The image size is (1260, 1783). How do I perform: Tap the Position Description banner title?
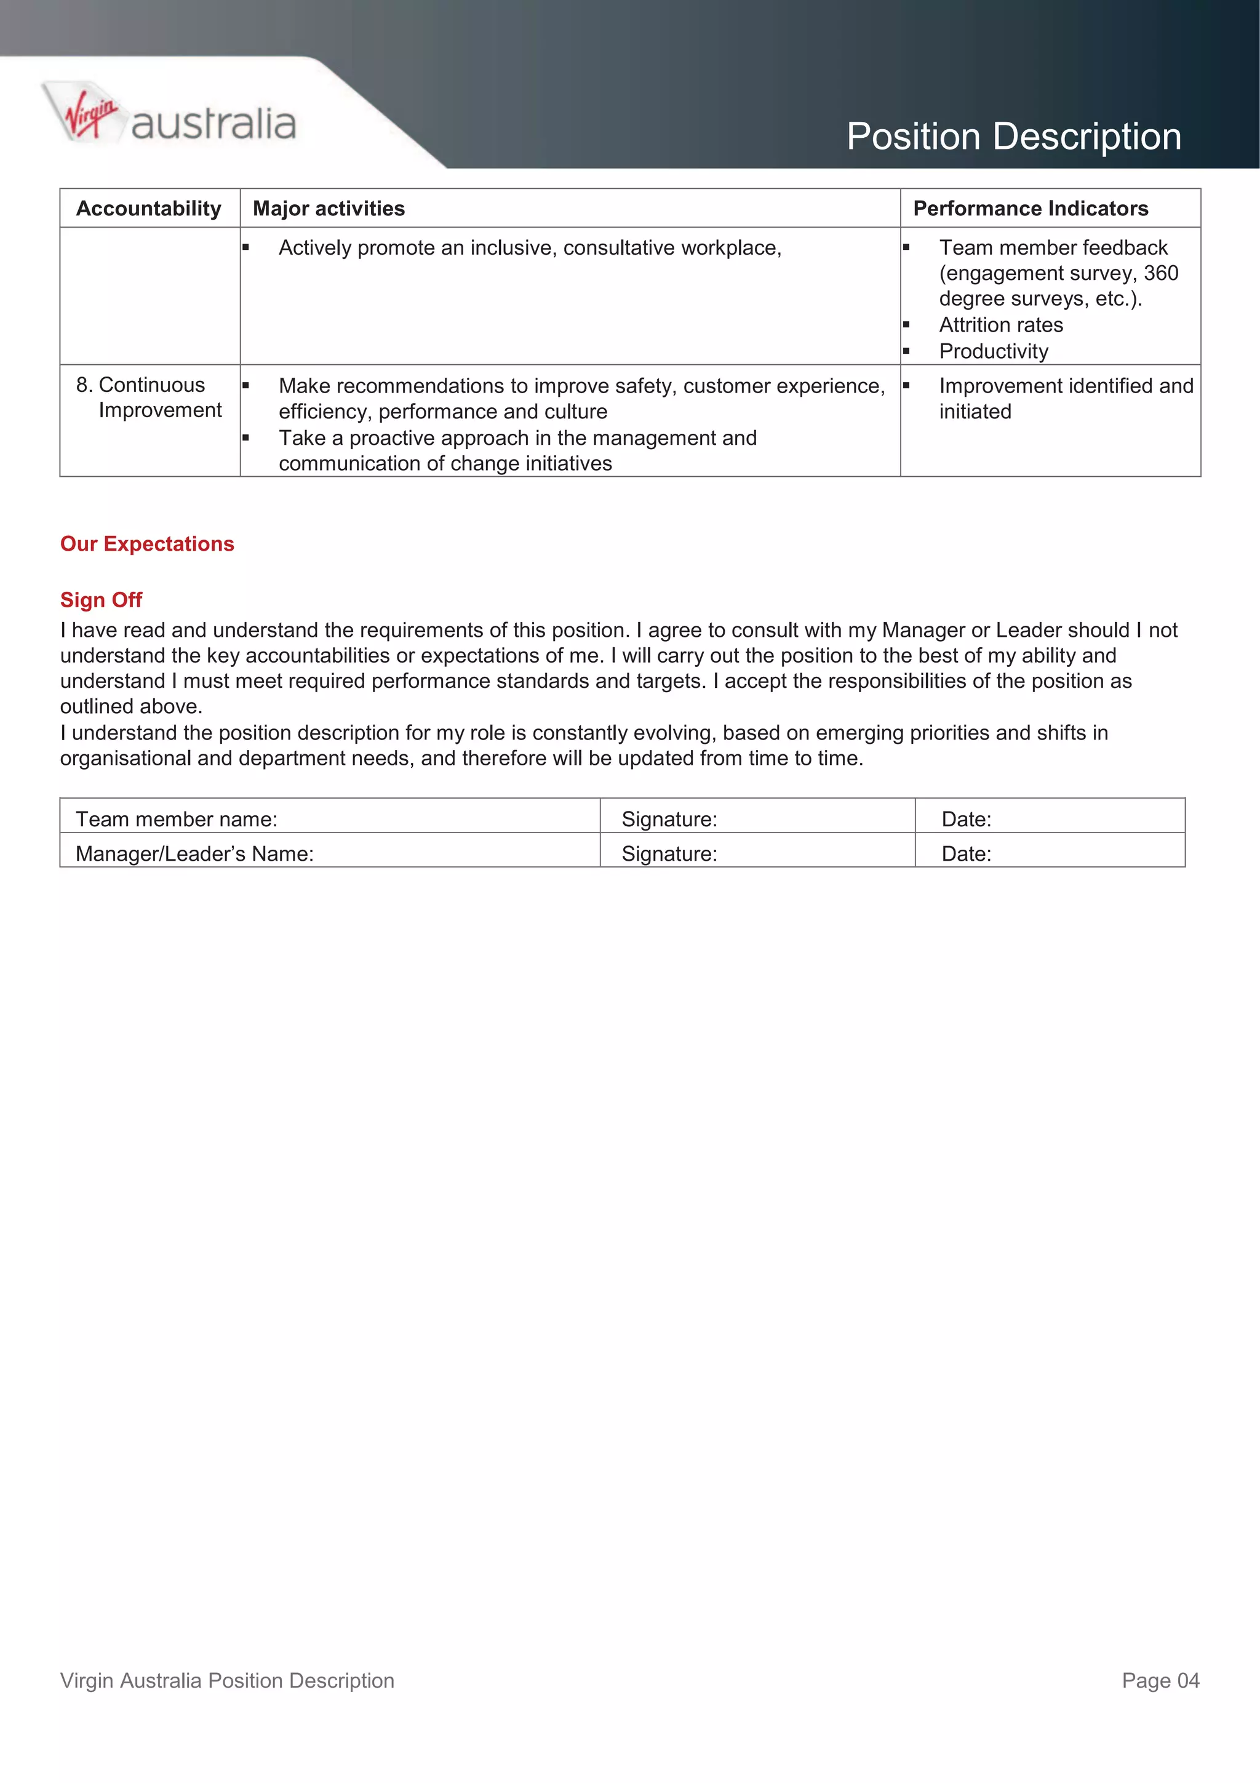click(1013, 137)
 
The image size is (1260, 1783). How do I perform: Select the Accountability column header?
click(148, 208)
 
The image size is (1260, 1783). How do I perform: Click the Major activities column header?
click(329, 208)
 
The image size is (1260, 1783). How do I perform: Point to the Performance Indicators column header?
click(1029, 208)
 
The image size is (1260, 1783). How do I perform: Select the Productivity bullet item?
click(993, 351)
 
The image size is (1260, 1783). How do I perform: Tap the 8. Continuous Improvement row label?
click(148, 397)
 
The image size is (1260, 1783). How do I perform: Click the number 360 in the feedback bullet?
click(1160, 273)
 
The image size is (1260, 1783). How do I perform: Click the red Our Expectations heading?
click(146, 544)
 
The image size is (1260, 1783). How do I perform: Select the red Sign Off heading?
click(101, 599)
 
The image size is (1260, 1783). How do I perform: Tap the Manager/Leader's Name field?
click(194, 853)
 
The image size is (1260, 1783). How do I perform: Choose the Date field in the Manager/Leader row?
click(966, 853)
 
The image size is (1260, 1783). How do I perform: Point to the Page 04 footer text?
click(1160, 1680)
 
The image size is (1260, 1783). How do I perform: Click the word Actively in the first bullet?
click(314, 248)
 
